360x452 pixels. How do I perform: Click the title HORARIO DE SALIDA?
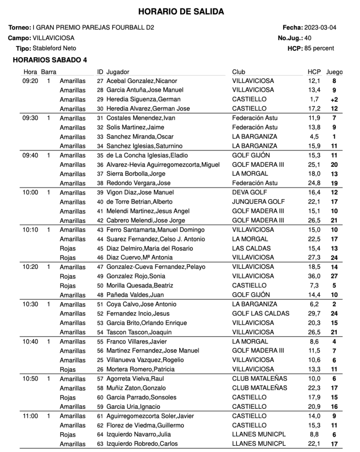[x=181, y=12]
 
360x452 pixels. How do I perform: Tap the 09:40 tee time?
[x=30, y=155]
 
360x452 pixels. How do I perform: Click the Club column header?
[x=239, y=72]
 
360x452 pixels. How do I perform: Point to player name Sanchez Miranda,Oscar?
[x=135, y=137]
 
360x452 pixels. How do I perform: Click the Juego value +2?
[x=334, y=100]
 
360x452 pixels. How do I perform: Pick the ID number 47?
[x=100, y=267]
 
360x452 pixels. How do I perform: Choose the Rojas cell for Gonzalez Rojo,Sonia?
[x=68, y=276]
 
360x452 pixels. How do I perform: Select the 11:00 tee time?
[x=30, y=416]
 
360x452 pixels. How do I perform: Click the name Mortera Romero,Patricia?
[x=140, y=369]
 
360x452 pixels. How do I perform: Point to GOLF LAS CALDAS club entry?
[x=261, y=313]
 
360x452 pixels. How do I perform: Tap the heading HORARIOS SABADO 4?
[x=50, y=60]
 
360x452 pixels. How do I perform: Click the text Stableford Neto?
[x=54, y=49]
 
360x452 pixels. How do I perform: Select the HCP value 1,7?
[x=314, y=99]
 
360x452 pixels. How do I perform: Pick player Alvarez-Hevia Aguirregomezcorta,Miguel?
[x=163, y=165]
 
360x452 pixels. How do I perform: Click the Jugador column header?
[x=118, y=72]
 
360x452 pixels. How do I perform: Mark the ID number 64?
[x=100, y=435]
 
